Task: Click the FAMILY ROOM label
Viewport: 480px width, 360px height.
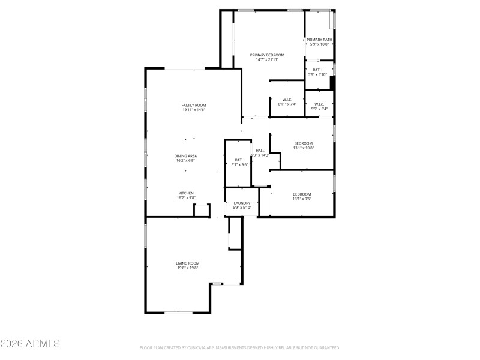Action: coord(194,105)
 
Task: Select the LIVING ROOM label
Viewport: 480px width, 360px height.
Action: coord(188,263)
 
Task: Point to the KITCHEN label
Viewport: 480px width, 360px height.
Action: coord(185,193)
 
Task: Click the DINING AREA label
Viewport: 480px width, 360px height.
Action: coord(186,156)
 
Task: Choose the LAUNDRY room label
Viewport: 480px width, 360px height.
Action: coord(242,203)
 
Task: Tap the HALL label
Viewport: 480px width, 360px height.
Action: coord(260,151)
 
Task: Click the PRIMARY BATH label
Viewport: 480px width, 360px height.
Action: coord(319,40)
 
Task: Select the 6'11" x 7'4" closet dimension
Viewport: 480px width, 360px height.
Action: coord(287,104)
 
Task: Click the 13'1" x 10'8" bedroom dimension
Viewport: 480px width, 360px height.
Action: coord(303,148)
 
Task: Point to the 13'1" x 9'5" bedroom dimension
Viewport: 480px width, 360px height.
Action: coord(302,199)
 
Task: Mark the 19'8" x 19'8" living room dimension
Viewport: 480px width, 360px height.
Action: coord(188,268)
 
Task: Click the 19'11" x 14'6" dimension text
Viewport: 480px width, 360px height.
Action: coord(194,110)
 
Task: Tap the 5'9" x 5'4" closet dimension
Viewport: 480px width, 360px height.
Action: coord(319,109)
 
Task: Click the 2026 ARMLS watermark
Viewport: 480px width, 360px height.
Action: coord(30,344)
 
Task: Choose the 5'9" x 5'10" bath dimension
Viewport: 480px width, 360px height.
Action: coord(317,74)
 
